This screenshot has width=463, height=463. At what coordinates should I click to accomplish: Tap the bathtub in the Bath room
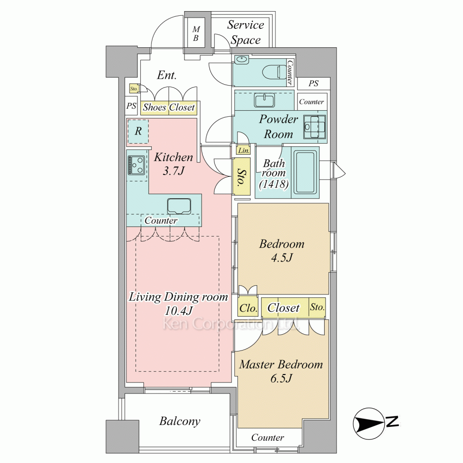click(x=305, y=173)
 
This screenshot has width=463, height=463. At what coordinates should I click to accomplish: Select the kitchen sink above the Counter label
click(x=179, y=206)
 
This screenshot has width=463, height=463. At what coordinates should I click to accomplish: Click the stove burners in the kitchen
click(x=137, y=165)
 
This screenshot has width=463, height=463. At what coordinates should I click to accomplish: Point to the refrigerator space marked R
click(x=138, y=131)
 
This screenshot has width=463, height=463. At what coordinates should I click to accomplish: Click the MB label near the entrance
click(x=196, y=34)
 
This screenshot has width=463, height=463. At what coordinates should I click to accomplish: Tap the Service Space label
click(x=245, y=32)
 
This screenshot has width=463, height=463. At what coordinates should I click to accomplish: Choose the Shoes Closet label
click(x=169, y=107)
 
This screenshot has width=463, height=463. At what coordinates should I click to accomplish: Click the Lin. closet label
click(x=244, y=150)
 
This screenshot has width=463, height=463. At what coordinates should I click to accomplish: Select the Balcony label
click(x=180, y=421)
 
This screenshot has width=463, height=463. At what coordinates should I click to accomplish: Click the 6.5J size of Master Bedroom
click(x=281, y=378)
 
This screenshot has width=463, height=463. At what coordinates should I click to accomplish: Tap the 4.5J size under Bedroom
click(x=282, y=258)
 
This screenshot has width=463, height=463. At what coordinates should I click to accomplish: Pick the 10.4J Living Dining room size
click(x=179, y=311)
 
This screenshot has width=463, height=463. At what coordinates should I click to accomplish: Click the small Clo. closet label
click(x=248, y=308)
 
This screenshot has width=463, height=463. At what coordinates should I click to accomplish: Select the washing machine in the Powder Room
click(x=315, y=128)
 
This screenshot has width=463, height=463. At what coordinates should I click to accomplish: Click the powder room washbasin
click(x=265, y=100)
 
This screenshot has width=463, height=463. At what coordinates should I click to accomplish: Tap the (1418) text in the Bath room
click(x=274, y=184)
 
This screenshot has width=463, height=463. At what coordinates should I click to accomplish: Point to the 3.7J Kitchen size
click(x=173, y=171)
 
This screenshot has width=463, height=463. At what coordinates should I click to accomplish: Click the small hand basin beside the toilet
click(x=242, y=59)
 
